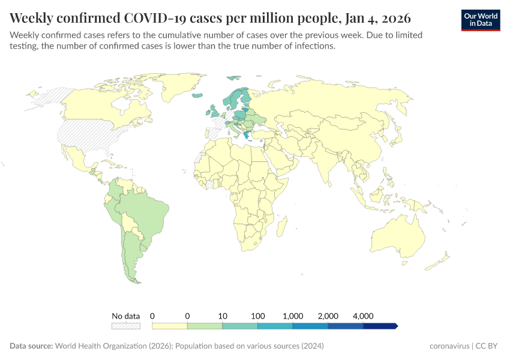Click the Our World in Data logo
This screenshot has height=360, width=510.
480,20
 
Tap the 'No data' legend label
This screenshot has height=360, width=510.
125,316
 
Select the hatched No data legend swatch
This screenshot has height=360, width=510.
125,326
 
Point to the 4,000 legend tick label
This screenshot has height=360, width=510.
364,316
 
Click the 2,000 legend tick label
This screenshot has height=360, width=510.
328,316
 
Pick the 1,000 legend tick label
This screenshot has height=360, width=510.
293,316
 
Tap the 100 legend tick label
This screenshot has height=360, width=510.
258,316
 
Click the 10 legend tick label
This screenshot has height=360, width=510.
223,316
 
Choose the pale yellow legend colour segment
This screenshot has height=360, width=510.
170,326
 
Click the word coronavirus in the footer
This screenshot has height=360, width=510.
449,346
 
